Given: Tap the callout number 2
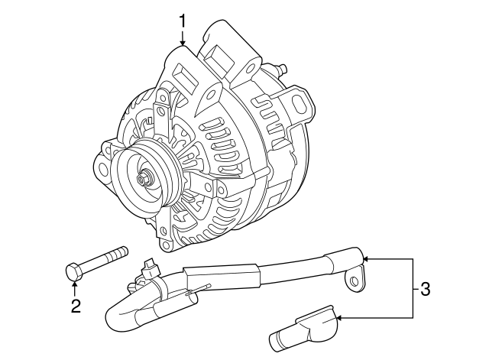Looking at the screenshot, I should pyautogui.click(x=75, y=307).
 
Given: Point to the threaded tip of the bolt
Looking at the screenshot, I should pyautogui.click(x=122, y=251).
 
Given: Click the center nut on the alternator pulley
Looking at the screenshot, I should pyautogui.click(x=144, y=180).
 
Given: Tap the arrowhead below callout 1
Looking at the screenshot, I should pyautogui.click(x=182, y=44).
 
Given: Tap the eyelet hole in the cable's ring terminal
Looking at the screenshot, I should pyautogui.click(x=353, y=282).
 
